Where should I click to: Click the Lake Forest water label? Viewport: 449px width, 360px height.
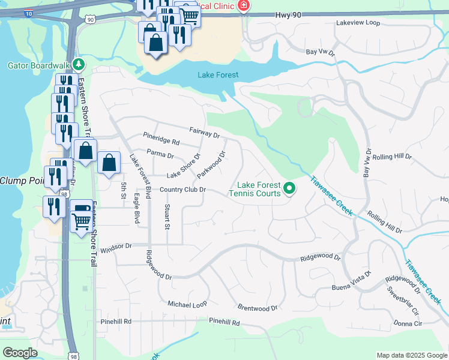[218, 75]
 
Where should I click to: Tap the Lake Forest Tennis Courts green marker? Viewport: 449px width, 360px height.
[289, 189]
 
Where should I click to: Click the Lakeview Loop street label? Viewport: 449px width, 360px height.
[358, 23]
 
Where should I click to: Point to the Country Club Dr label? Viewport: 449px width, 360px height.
[183, 190]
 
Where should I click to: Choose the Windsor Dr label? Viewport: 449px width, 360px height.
[116, 247]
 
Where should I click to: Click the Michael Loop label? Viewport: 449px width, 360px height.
[187, 305]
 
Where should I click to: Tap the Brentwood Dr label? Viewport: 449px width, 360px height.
[258, 308]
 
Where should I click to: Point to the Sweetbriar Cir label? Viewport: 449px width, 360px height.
[402, 301]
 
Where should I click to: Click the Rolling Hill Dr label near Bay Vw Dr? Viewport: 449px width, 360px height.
[392, 157]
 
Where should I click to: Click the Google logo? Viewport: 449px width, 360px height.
[20, 353]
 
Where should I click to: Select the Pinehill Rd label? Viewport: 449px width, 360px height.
[224, 322]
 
